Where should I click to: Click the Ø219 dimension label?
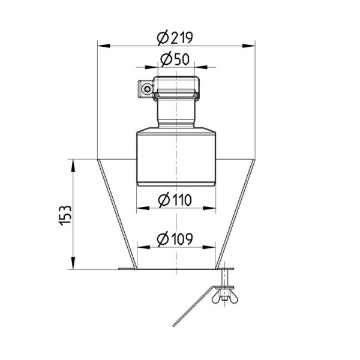pyautogui.click(x=175, y=37)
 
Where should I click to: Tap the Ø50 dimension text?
pyautogui.click(x=175, y=59)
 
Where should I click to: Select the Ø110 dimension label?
pyautogui.click(x=175, y=200)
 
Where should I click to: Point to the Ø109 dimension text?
pyautogui.click(x=175, y=239)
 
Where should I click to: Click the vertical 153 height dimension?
pyautogui.click(x=65, y=215)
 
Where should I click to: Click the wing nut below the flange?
pyautogui.click(x=225, y=298)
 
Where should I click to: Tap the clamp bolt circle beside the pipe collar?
pyautogui.click(x=147, y=89)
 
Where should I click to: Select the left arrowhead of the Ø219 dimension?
pyautogui.click(x=104, y=46)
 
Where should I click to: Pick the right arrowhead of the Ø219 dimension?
pyautogui.click(x=249, y=46)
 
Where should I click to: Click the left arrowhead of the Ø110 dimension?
pyautogui.click(x=143, y=208)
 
